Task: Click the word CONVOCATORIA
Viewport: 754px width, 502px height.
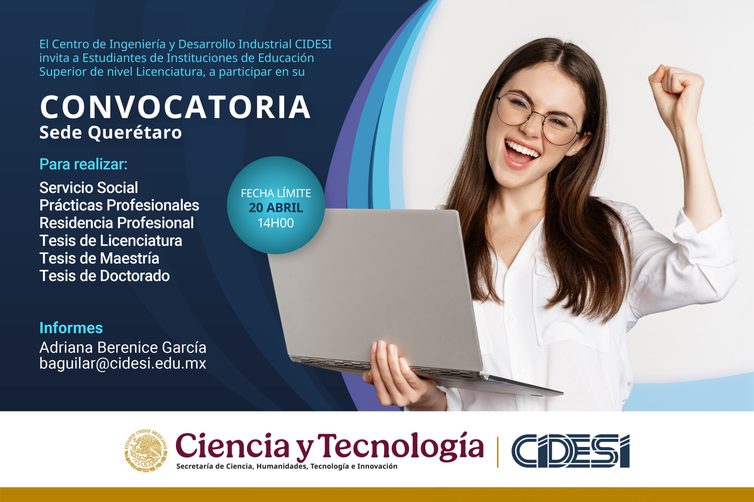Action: coord(175,107)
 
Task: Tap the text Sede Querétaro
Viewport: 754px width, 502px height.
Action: coord(110,133)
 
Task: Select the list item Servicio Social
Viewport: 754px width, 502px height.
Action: coord(88,188)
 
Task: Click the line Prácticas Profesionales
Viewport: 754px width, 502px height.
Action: coord(119,205)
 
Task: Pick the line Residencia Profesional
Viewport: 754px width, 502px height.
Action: coord(116,223)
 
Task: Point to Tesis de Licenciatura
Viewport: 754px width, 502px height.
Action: coord(110,240)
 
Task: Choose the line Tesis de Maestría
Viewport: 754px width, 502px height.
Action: coord(99,258)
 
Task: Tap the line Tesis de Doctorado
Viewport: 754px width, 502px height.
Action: coord(104,276)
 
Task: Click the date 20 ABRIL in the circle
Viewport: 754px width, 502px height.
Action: coord(276,208)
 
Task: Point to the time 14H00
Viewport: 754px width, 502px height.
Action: coord(276,223)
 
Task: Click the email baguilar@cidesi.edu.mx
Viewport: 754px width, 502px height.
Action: coord(123,363)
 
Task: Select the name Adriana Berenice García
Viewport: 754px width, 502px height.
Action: coord(123,347)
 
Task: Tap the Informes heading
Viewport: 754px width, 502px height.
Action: coord(71,328)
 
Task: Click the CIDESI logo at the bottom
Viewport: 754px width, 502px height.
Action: coord(570,451)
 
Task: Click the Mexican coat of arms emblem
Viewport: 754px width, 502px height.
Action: coord(146,451)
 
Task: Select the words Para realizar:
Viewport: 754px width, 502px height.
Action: coord(83,164)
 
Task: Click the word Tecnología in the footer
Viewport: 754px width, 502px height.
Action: coord(400,447)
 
